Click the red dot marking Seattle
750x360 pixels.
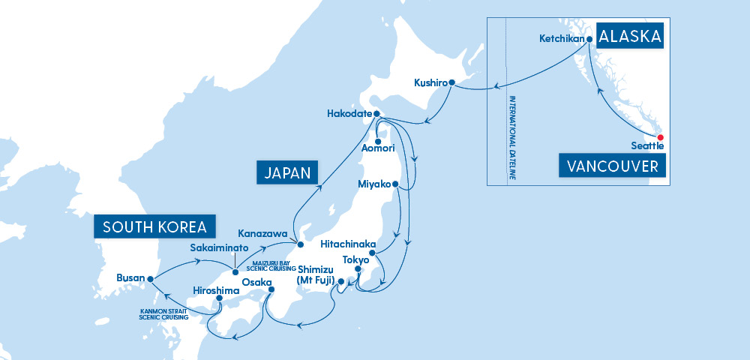[661, 137]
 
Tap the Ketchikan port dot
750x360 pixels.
[589, 39]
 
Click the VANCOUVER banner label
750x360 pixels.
[613, 166]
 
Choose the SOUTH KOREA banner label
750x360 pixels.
[154, 226]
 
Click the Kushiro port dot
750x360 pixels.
[451, 82]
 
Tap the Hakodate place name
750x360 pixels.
[349, 114]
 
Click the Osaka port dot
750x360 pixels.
[271, 289]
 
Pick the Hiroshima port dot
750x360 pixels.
[219, 298]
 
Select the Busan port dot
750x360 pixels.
[151, 278]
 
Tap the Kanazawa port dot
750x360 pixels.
[299, 244]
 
